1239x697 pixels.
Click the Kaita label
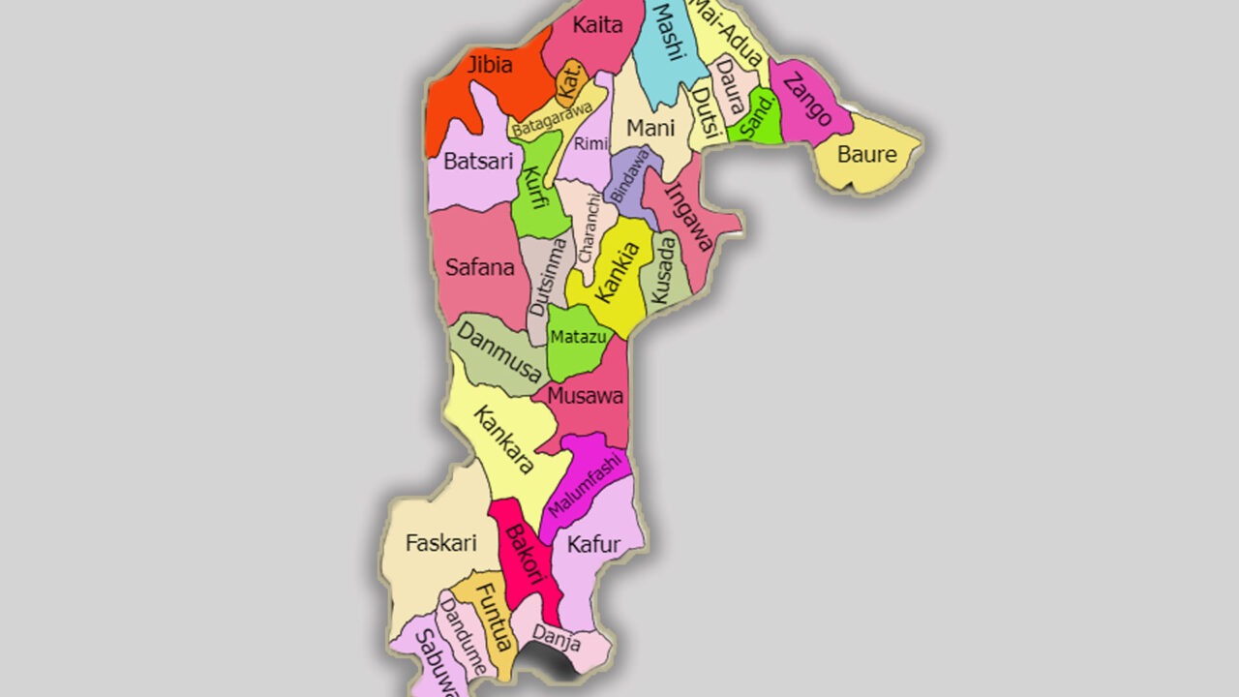(x=597, y=25)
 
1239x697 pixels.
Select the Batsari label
(x=478, y=162)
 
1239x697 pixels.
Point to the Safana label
(x=479, y=266)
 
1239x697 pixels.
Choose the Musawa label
(x=585, y=396)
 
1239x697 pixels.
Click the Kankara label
(x=503, y=439)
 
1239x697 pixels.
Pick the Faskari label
(x=440, y=543)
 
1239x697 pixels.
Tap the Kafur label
(x=593, y=545)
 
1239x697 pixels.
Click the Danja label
(x=557, y=640)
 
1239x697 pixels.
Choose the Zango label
(x=807, y=100)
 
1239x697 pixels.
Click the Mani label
(x=650, y=128)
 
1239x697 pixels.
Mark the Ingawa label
(x=689, y=217)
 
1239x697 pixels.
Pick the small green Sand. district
(x=756, y=119)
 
